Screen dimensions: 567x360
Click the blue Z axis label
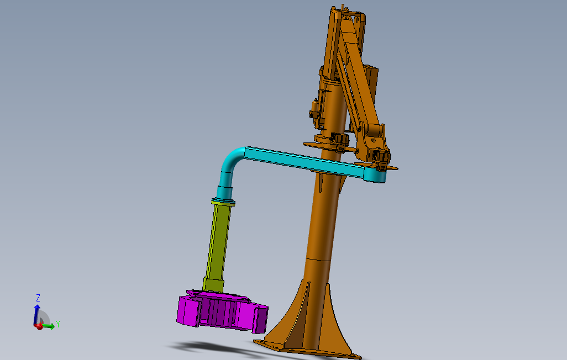click(x=38, y=298)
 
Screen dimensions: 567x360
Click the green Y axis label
click(x=58, y=324)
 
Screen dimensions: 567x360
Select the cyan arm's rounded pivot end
click(x=375, y=175)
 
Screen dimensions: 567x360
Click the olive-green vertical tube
click(x=218, y=242)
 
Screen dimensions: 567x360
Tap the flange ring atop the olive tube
click(x=223, y=202)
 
